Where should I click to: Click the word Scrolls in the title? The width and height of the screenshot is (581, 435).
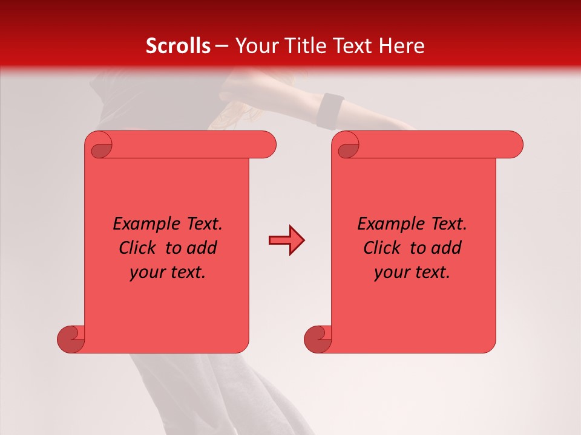point(178,46)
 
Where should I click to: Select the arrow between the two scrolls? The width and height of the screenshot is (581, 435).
point(286,240)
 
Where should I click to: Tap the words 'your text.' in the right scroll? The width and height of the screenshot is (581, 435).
point(412,272)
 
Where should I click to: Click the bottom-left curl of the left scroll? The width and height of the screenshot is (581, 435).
point(71,338)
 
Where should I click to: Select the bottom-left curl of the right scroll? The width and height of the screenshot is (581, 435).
point(318,338)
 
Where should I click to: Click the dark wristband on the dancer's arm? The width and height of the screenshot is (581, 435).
point(330,110)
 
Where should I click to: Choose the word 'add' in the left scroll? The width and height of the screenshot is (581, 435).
point(203,248)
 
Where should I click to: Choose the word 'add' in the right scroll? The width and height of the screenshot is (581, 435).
point(447,248)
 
